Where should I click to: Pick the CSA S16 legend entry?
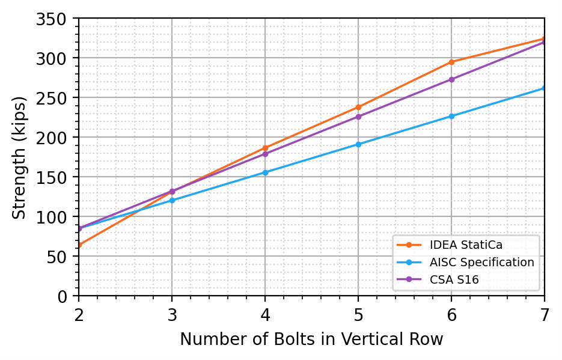click(x=454, y=279)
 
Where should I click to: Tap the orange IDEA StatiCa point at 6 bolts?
click(x=451, y=62)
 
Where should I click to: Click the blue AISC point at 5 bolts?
click(x=358, y=144)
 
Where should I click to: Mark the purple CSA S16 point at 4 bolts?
click(x=265, y=154)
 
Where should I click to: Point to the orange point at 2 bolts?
click(x=79, y=245)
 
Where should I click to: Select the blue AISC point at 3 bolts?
click(x=172, y=200)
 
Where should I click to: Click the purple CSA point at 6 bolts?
click(x=451, y=79)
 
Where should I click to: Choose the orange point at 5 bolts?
click(x=358, y=107)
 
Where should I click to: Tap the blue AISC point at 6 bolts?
click(x=451, y=116)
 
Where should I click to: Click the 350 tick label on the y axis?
click(x=56, y=19)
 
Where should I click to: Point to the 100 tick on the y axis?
click(x=56, y=217)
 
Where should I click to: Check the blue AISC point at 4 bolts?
click(x=265, y=172)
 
